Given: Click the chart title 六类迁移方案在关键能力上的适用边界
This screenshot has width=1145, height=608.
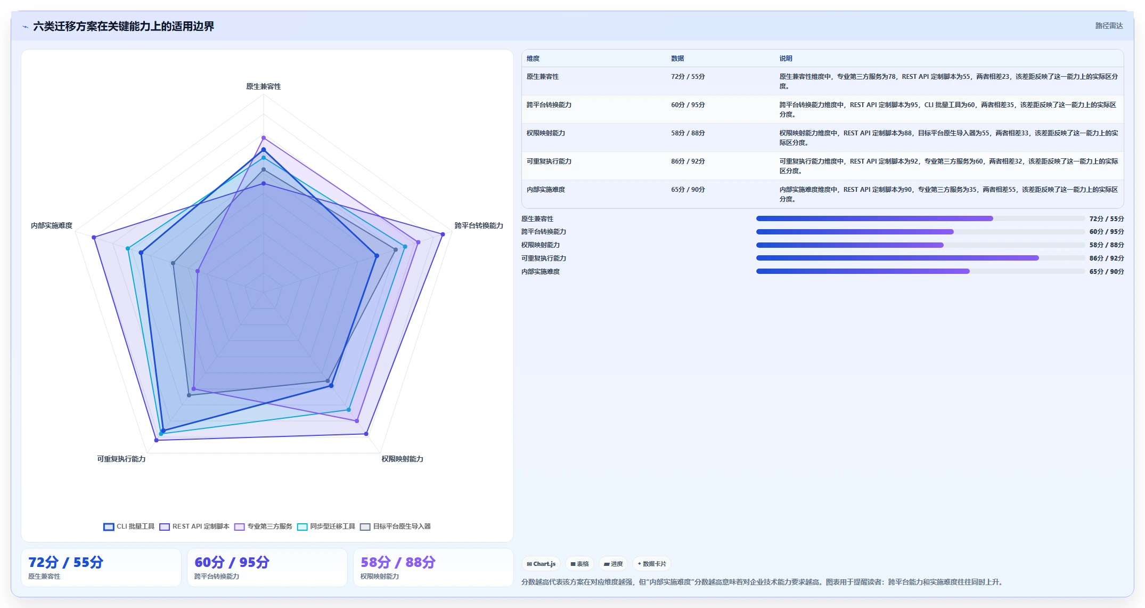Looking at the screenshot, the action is tap(124, 26).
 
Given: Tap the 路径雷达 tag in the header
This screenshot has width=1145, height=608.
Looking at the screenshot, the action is tap(1109, 26).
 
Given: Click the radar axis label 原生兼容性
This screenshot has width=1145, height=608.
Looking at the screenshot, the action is tap(263, 86).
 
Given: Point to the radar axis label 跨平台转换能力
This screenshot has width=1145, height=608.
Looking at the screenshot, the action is tap(479, 225).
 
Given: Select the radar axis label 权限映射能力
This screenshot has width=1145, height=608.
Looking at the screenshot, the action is tap(402, 459).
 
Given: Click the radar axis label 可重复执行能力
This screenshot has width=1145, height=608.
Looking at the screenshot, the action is tap(121, 459).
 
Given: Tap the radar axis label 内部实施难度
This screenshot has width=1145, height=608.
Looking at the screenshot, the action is tap(52, 225).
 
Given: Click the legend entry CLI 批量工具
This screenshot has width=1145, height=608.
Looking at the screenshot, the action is tap(129, 526).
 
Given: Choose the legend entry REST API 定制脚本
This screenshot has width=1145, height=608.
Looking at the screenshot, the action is tap(194, 526).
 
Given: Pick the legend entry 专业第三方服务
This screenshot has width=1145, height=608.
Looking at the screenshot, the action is tap(263, 526).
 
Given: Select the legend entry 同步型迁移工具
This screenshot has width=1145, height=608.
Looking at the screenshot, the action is tap(326, 526).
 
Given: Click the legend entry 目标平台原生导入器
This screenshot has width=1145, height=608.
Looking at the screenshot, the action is tap(395, 526).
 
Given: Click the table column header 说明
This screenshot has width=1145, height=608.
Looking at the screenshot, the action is tap(786, 59).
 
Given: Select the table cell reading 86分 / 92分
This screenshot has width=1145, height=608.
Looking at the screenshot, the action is tap(688, 161).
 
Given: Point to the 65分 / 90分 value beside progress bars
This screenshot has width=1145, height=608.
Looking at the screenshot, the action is tap(1106, 271).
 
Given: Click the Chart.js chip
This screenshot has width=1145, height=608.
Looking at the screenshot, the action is tap(541, 564).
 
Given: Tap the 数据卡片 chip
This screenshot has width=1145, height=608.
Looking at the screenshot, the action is tap(651, 564).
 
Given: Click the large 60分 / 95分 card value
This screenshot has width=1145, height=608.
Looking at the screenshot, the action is tap(232, 562).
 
